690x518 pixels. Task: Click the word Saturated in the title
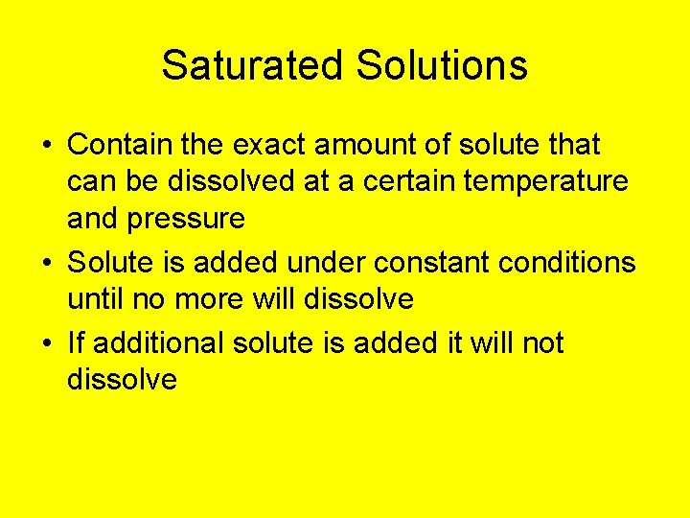[252, 65]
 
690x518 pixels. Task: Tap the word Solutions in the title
[442, 65]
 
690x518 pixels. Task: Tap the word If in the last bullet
[76, 342]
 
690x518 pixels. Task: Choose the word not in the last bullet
[542, 342]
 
